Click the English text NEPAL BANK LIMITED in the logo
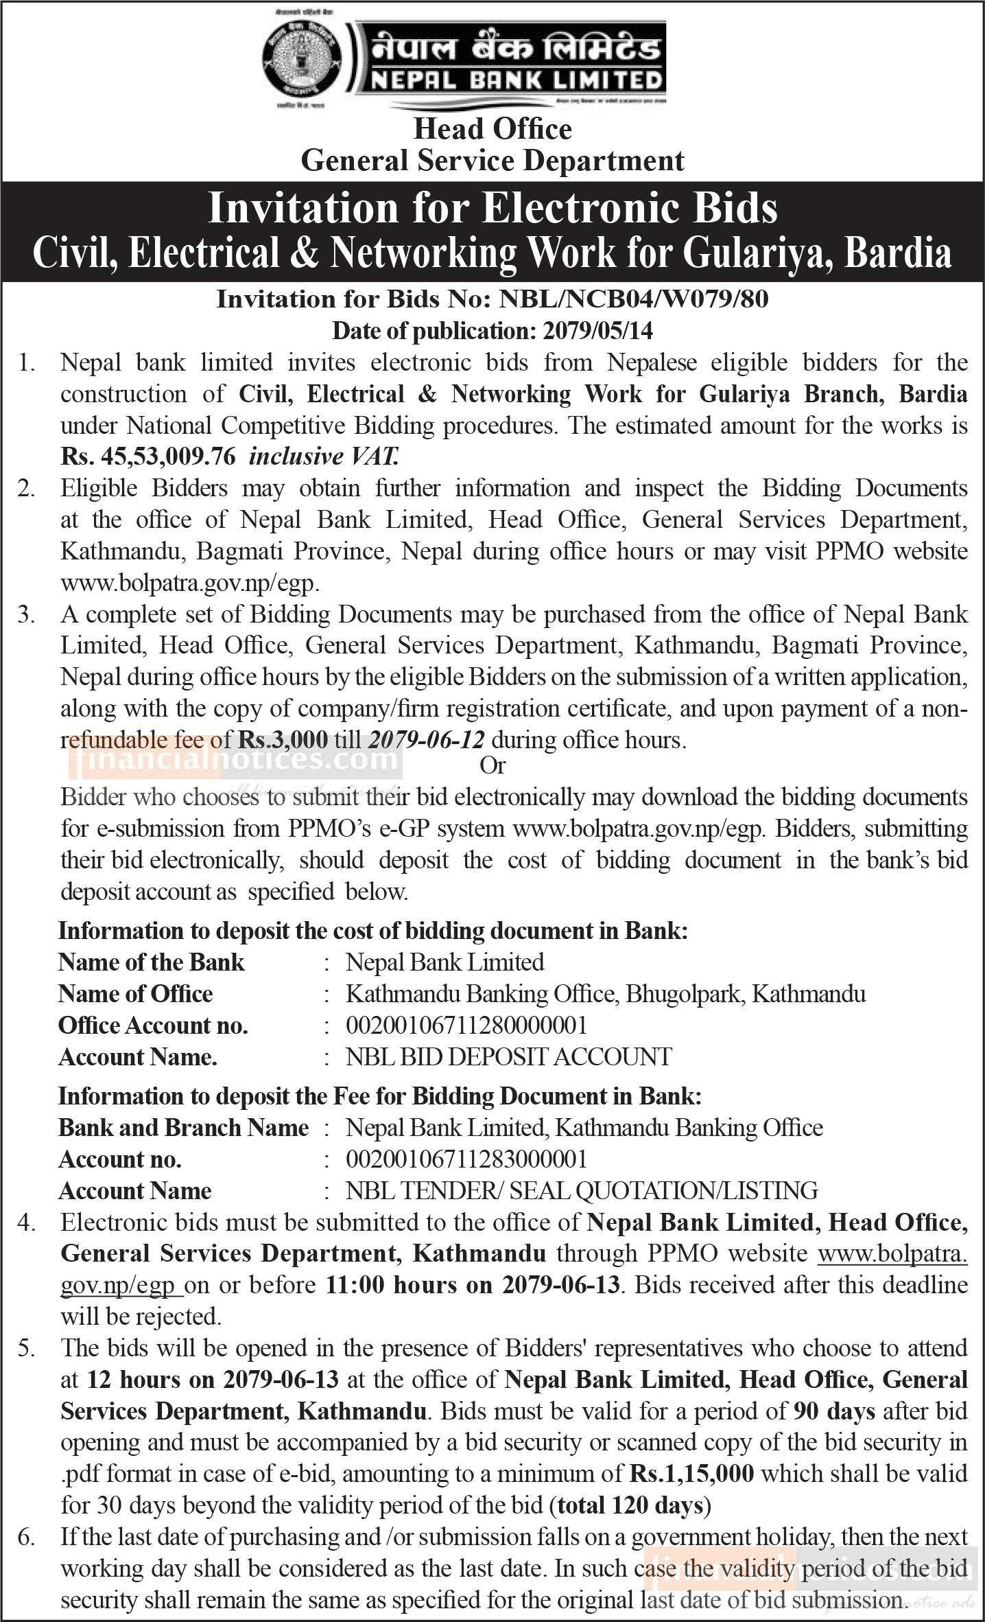coord(517,82)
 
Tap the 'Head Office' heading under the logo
coord(492,129)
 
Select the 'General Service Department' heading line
coord(492,161)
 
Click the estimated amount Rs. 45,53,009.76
coord(148,456)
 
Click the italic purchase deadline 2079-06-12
coord(427,739)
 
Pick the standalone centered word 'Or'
coord(492,765)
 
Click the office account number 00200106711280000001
coord(466,1026)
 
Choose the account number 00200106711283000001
coord(466,1159)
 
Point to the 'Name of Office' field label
coord(136,994)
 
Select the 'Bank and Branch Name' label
coord(184,1128)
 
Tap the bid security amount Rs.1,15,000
coord(691,1474)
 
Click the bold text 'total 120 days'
coord(631,1505)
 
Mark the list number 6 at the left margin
coord(26,1537)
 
